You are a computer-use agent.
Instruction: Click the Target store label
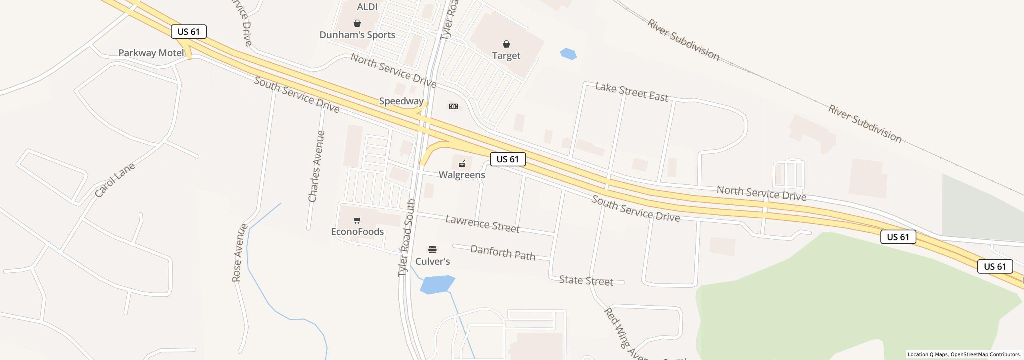pos(506,56)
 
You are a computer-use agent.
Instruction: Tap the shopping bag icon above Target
pos(506,44)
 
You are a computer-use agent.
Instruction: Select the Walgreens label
pos(462,175)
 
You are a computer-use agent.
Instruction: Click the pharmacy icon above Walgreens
pos(462,163)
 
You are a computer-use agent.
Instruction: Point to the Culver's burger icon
pos(432,250)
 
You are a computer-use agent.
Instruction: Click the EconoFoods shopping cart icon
pos(357,220)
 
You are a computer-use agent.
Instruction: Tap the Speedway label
pos(401,101)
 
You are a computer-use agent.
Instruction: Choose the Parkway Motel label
pos(151,53)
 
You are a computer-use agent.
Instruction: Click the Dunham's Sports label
pos(357,35)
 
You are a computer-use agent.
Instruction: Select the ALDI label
pos(367,7)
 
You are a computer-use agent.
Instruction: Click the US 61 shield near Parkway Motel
pos(188,32)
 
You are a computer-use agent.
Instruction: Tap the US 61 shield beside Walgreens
pos(508,159)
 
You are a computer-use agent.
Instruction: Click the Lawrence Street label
pos(482,224)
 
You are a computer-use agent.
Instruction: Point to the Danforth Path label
pos(502,253)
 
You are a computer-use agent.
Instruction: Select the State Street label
pos(586,280)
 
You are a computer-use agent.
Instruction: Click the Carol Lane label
pos(115,180)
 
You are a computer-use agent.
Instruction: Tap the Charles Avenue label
pos(316,166)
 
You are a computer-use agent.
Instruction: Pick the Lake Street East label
pos(632,92)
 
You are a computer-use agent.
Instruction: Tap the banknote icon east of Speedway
pos(453,106)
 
